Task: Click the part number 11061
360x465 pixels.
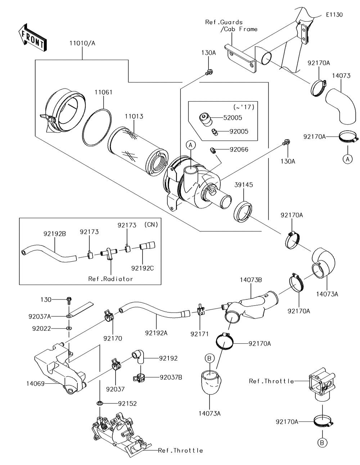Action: tap(103, 92)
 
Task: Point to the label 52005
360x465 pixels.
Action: tap(233, 118)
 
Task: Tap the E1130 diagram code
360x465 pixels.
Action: tap(334, 15)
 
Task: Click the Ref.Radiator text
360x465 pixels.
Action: tap(111, 279)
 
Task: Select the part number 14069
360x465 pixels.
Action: tap(35, 384)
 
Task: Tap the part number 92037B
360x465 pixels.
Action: tap(171, 377)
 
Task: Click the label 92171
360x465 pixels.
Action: tap(199, 334)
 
